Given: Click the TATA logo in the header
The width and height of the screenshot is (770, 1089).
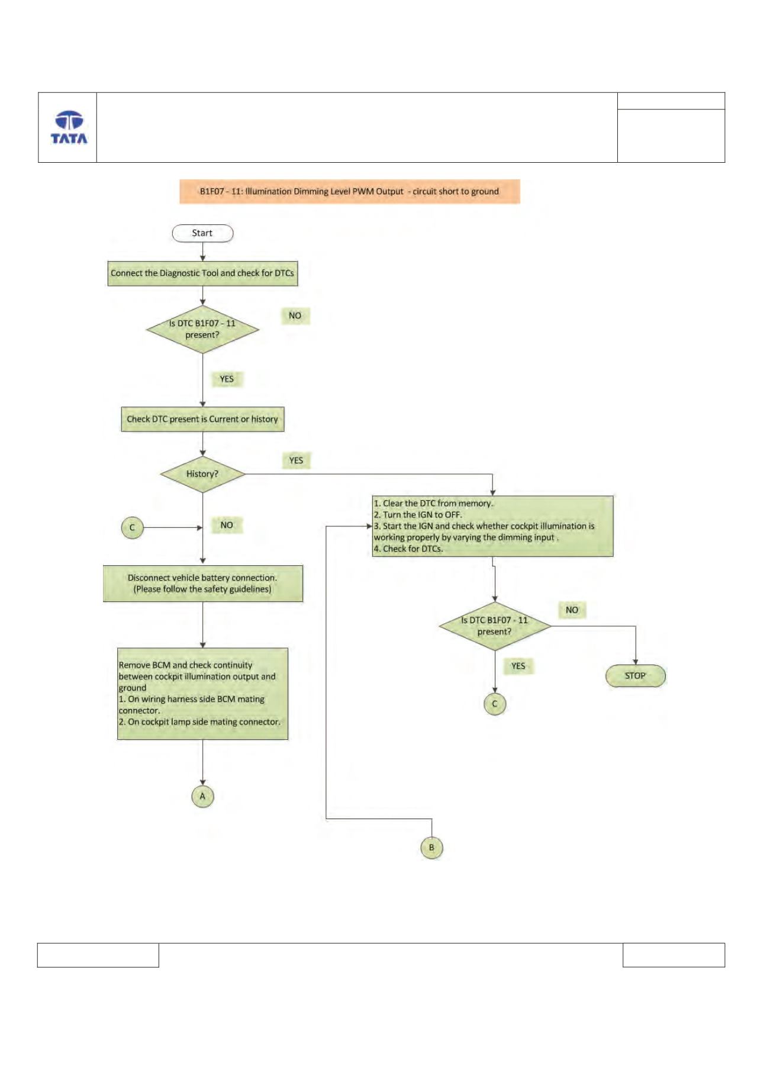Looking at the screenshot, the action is [69, 127].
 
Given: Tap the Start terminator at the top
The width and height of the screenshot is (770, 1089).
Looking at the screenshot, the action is [202, 233].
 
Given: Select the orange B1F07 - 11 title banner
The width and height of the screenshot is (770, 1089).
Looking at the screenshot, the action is [350, 192].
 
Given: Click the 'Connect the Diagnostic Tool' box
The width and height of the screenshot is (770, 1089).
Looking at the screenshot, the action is [202, 273].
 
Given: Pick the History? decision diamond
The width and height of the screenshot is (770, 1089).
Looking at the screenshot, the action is [202, 474].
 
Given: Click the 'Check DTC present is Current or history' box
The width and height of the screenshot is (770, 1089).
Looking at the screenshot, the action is [202, 419].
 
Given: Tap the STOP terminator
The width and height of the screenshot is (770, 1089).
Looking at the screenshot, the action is [636, 676].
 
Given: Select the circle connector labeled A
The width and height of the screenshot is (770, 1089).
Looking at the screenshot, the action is [202, 797].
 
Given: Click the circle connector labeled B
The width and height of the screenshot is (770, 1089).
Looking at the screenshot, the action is [431, 848].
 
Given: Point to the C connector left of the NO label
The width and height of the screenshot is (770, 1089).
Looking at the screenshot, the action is [132, 527].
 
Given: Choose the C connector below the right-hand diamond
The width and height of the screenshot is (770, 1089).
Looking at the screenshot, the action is [495, 704].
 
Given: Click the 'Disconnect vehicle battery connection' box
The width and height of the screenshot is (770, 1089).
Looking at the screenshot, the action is [202, 584].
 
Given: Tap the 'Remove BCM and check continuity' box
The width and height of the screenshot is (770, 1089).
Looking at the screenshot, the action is [202, 694].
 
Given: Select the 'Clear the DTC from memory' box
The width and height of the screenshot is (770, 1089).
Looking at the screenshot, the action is [492, 526].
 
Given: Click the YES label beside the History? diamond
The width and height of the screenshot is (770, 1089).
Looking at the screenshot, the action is [296, 460].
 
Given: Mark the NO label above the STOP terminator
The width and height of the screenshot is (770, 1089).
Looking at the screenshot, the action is [572, 610].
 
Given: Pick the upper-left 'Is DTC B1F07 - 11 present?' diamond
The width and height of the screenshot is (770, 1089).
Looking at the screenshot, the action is [202, 330].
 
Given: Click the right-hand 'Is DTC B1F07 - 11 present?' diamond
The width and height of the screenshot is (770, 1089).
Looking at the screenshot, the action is [495, 626].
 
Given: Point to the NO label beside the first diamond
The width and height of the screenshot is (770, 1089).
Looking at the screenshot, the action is [295, 316].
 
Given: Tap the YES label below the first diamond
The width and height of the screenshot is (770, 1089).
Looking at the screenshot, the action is [227, 379].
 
